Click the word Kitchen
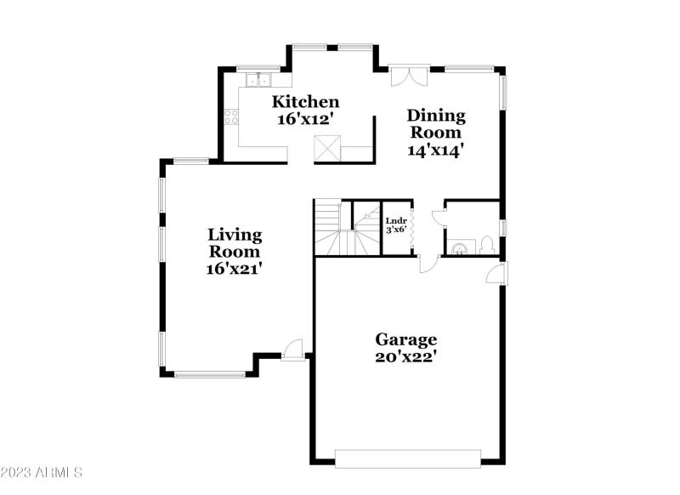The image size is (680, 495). pos(305,103)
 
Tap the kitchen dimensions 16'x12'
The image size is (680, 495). pos(305,120)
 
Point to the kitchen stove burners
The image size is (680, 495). pos(230,118)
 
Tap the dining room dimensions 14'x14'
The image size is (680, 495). pos(436,149)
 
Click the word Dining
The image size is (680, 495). pos(436,116)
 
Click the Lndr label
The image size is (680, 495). pos(396,219)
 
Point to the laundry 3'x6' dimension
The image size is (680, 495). pos(396,229)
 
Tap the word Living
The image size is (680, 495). pos(235,235)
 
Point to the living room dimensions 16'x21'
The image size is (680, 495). pos(235,269)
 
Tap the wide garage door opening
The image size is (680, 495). pos(407,458)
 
